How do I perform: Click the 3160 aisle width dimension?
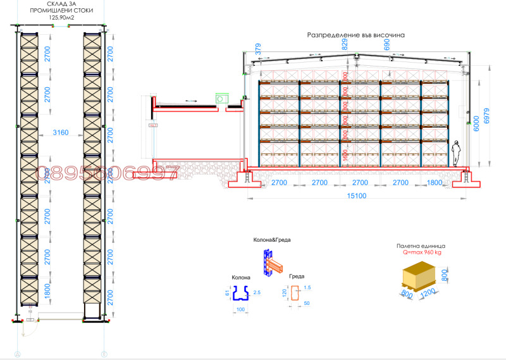(61, 133)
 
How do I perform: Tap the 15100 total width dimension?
(356, 196)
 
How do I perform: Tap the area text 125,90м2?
(61, 18)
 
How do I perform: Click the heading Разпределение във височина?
(355, 35)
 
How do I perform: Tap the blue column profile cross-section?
(241, 293)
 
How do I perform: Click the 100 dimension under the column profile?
(241, 309)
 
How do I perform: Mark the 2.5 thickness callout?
(257, 293)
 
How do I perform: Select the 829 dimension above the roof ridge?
(345, 44)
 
